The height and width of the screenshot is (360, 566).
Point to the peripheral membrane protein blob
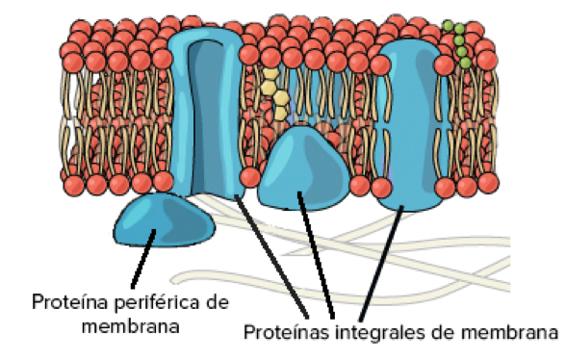point(165,221)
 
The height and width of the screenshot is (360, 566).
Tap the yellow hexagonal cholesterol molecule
point(275,92)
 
